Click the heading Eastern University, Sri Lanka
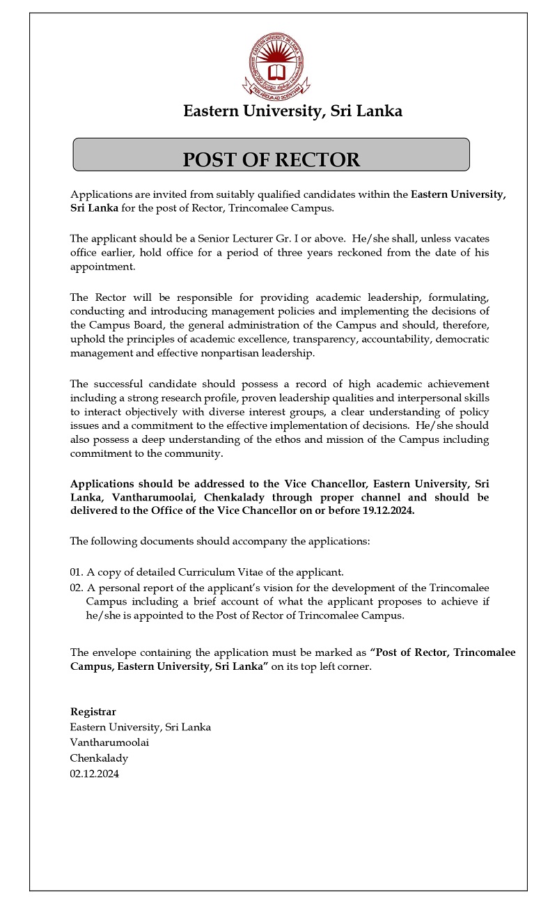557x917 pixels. pyautogui.click(x=292, y=111)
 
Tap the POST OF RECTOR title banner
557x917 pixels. pyautogui.click(x=272, y=159)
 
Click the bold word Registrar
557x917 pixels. pyautogui.click(x=93, y=712)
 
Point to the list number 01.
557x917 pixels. pyautogui.click(x=76, y=572)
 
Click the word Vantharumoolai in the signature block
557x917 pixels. pyautogui.click(x=110, y=743)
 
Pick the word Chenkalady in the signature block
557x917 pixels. pyautogui.click(x=99, y=758)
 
